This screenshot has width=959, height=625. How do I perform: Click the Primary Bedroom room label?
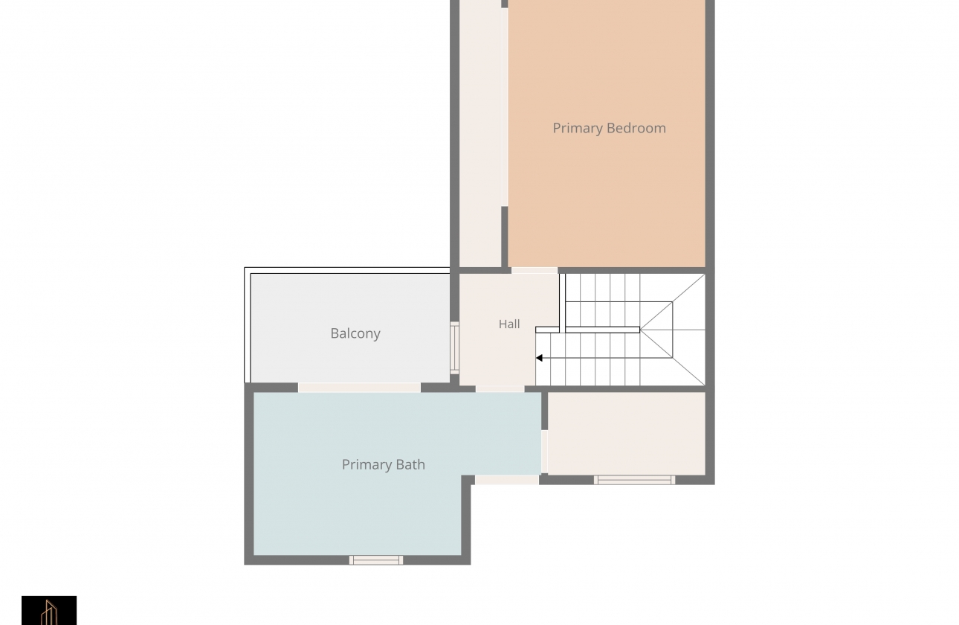[609, 128]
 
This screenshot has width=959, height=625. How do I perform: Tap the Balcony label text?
[355, 333]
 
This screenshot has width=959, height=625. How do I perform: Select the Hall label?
[509, 324]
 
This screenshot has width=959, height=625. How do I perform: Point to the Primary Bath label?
[383, 464]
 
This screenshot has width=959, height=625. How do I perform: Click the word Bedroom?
[636, 128]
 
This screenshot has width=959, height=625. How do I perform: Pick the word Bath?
[410, 464]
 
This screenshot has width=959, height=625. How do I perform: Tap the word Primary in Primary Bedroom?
[578, 129]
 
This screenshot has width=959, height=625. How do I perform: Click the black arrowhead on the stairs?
[539, 358]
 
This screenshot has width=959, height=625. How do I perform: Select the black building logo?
[49, 610]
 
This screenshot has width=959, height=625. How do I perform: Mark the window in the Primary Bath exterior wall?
[376, 560]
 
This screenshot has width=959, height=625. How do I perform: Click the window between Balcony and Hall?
[454, 347]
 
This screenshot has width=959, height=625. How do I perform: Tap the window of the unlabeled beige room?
[634, 480]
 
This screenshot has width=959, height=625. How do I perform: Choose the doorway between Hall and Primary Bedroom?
[535, 270]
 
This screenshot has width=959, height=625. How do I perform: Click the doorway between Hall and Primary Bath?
[500, 389]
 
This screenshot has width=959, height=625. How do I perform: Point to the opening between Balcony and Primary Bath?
[359, 387]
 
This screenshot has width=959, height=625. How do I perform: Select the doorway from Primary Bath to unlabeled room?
[544, 452]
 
